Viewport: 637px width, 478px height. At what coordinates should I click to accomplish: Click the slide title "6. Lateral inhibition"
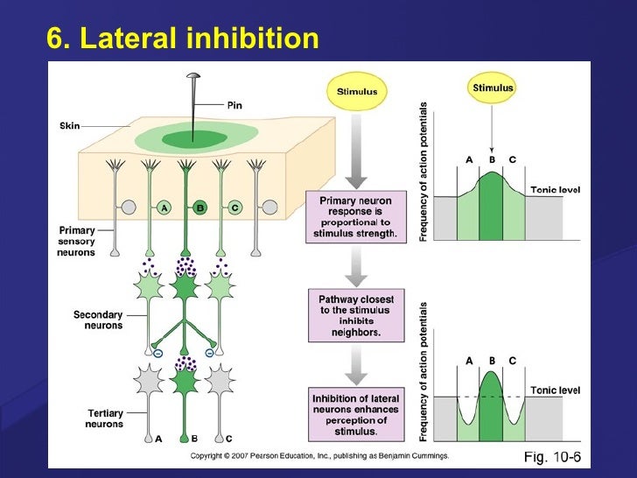pos(182,39)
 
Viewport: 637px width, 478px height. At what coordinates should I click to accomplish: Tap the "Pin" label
pos(234,105)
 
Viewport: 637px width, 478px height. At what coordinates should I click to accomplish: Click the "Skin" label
pos(69,126)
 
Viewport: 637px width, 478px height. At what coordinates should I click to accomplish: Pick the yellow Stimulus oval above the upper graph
pos(493,88)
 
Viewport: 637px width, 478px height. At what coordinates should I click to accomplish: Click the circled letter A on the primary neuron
pos(163,207)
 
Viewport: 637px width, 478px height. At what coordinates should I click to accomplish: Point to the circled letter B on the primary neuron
pos(199,207)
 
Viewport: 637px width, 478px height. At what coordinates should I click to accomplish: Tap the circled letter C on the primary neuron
pos(234,207)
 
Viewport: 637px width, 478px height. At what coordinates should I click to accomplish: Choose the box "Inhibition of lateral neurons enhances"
pos(355,415)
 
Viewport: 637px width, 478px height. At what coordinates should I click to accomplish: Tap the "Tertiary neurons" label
pos(103,418)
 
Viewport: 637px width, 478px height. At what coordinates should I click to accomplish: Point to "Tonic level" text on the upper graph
pos(556,190)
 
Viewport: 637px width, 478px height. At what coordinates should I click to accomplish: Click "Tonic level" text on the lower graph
pos(556,390)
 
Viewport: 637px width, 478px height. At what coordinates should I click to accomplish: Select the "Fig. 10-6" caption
pos(552,456)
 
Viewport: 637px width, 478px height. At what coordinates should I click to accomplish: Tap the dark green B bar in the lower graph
pos(493,407)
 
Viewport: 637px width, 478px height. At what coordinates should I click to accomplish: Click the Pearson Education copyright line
pos(319,455)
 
